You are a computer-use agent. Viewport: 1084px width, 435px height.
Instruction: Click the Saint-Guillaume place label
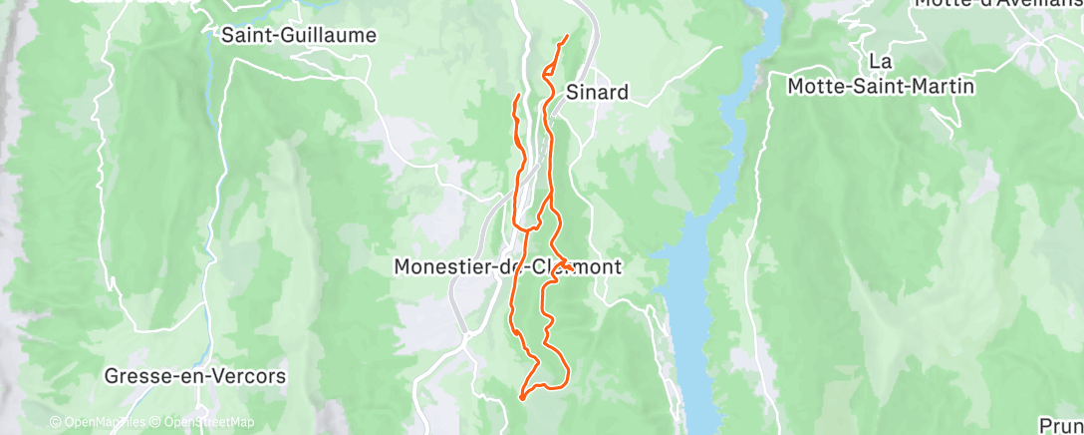click(298, 36)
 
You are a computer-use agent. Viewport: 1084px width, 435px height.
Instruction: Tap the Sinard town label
click(597, 93)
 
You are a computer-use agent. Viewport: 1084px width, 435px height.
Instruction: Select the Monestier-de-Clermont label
click(508, 267)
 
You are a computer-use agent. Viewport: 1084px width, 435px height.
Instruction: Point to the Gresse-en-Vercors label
click(195, 377)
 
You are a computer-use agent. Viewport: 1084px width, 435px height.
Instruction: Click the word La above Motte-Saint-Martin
click(880, 62)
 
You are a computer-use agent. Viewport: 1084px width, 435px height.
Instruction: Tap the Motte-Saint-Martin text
click(880, 87)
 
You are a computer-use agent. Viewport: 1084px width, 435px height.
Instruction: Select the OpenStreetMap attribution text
click(204, 422)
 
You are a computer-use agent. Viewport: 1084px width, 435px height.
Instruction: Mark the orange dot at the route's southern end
click(522, 398)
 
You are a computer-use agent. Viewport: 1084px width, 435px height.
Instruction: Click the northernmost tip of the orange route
click(567, 37)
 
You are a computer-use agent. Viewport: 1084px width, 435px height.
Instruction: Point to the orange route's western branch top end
click(517, 95)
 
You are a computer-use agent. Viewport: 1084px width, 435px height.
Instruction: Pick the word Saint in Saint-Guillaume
click(244, 36)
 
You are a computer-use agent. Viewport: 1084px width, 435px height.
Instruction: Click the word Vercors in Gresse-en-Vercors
click(247, 377)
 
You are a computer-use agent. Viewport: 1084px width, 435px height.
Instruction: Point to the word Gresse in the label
click(135, 377)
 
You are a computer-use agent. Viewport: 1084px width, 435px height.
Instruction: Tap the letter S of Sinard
click(572, 93)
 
